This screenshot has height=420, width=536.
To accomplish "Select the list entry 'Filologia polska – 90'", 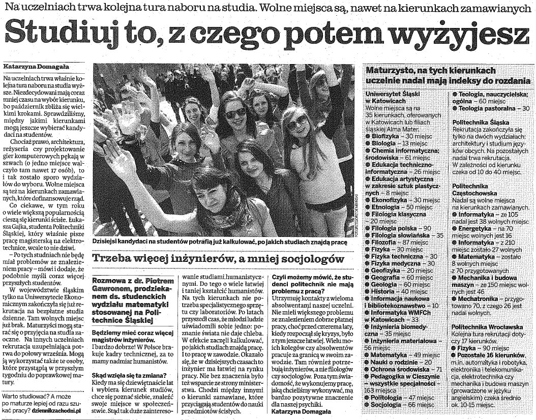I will [402, 228].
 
